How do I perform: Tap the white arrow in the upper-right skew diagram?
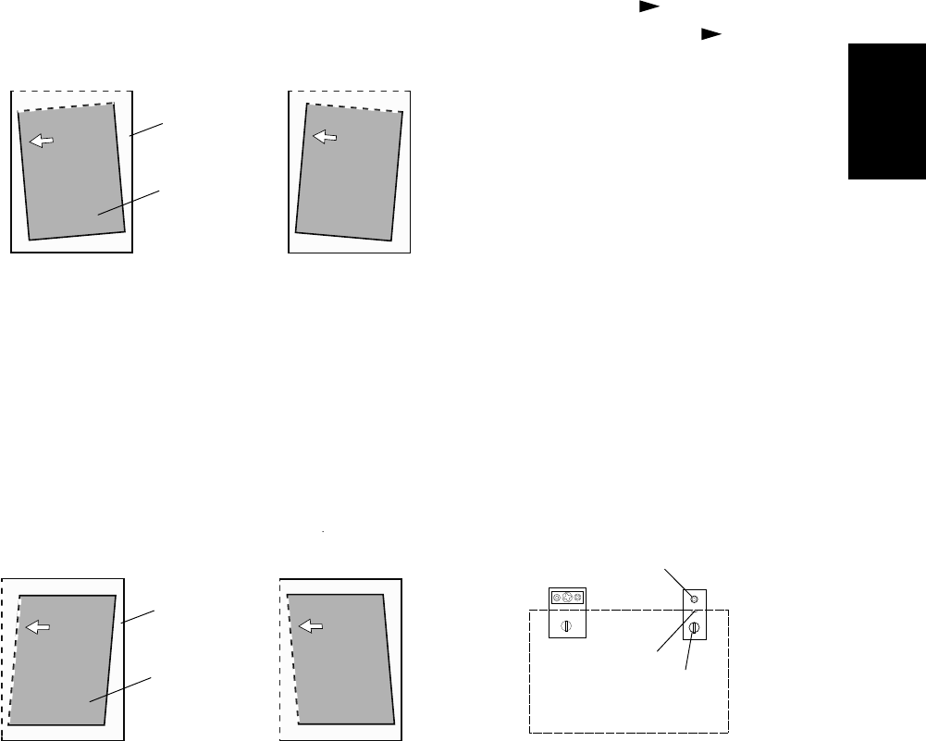click(324, 137)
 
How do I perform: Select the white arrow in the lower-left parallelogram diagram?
click(38, 627)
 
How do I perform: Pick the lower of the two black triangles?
click(709, 33)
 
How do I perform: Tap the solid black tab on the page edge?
click(887, 110)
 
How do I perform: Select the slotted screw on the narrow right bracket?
click(695, 628)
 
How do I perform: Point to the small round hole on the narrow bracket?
click(695, 599)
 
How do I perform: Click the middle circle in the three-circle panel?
click(568, 598)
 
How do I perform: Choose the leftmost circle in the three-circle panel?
click(557, 598)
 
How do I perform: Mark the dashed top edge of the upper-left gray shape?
click(65, 107)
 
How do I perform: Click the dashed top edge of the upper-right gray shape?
click(356, 108)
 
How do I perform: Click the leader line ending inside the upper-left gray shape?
click(130, 202)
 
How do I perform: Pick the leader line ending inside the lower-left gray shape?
click(121, 690)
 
